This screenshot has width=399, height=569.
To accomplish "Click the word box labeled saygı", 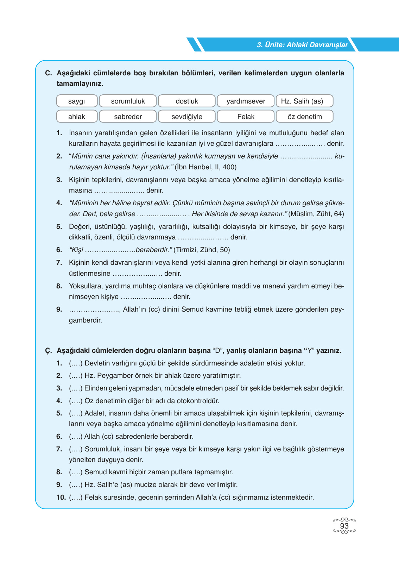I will click(77, 101).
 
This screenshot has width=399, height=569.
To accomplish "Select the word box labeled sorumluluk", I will click(128, 101).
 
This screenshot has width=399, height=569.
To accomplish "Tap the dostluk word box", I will click(187, 101).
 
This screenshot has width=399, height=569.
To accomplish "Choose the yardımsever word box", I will click(246, 101).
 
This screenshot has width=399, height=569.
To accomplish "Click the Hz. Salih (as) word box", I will click(304, 101).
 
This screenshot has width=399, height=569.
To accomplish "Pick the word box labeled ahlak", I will click(77, 117).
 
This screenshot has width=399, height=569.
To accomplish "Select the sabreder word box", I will click(128, 117).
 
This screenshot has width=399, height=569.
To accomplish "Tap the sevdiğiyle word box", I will click(187, 117).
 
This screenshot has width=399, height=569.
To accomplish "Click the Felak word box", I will click(246, 117).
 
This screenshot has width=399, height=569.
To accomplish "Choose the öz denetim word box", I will click(304, 117).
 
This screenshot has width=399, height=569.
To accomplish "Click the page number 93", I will click(344, 526).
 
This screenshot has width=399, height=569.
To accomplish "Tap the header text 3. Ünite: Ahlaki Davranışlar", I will click(302, 45).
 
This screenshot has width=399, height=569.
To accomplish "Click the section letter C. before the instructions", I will click(49, 73).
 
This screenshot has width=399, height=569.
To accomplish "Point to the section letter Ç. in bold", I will click(49, 351).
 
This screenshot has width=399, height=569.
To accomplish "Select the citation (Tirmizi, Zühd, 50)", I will click(202, 250).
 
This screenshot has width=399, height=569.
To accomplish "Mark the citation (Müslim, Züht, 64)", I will click(316, 214).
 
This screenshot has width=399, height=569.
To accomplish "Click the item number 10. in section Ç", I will click(61, 497).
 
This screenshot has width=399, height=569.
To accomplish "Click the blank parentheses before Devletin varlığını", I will click(76, 363).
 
